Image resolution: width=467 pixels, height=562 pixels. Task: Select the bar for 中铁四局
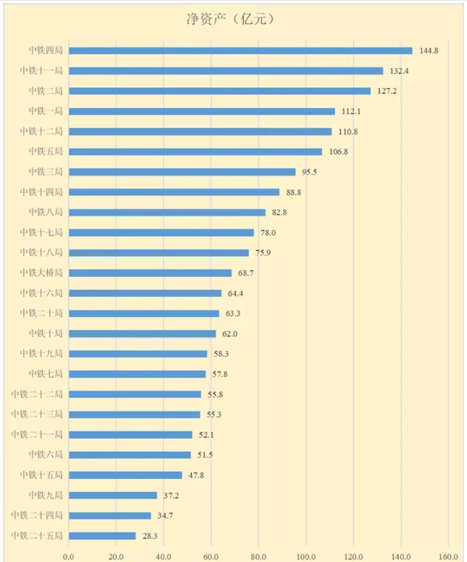tap(240, 51)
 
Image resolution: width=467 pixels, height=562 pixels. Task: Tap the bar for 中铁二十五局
tap(102, 536)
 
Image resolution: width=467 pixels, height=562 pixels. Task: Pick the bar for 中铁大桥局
tap(150, 273)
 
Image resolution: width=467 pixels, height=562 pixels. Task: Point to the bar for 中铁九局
tap(113, 495)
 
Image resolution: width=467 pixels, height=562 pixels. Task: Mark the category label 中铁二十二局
tap(37, 394)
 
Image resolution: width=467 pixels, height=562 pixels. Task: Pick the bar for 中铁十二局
tap(200, 132)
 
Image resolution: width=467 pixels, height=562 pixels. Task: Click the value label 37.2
tap(170, 495)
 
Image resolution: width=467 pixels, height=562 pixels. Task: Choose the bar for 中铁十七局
tap(161, 233)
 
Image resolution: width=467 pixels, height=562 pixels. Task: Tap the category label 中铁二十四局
tap(37, 516)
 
